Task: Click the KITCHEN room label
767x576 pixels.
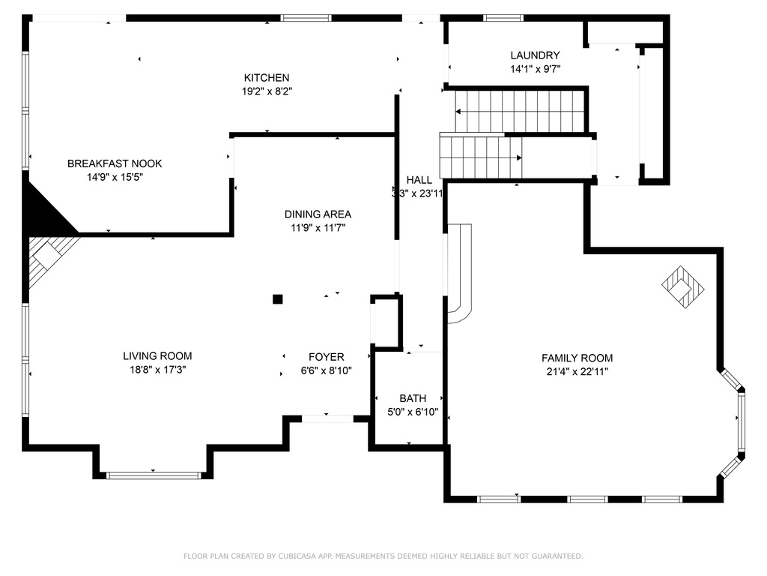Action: pos(267,77)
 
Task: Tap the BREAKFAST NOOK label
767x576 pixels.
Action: pos(115,163)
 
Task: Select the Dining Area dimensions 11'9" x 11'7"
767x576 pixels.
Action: pos(318,227)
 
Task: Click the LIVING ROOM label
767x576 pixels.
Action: pos(157,356)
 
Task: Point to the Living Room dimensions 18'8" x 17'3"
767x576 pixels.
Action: pos(157,370)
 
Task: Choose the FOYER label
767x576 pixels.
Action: pos(327,357)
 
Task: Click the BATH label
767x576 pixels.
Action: pos(412,398)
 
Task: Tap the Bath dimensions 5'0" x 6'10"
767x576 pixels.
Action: pos(412,412)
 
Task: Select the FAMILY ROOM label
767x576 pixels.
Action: pos(577,358)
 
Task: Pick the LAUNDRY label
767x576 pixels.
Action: pos(535,55)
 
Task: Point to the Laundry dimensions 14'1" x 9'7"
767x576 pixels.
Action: pos(535,69)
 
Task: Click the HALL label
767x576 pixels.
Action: pos(419,180)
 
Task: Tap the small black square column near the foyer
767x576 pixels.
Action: pos(277,298)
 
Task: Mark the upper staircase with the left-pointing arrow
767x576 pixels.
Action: pos(520,111)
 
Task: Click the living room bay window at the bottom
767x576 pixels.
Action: pos(154,475)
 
